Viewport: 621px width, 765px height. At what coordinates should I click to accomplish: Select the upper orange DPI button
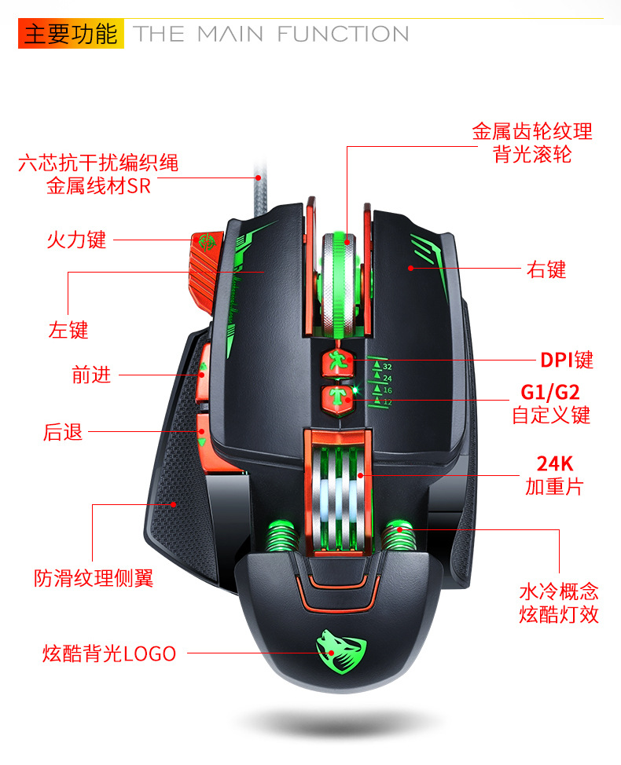[338, 364]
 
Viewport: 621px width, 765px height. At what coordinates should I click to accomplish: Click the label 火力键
[75, 240]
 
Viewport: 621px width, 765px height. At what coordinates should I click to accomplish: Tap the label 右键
[546, 270]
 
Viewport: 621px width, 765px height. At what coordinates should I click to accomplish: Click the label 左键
[68, 330]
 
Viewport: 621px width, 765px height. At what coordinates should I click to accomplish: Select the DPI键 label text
[567, 361]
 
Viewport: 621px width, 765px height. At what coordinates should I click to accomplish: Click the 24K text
[554, 463]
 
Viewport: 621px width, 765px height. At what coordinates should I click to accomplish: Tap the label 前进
[91, 375]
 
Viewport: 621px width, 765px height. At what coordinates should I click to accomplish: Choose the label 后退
[63, 432]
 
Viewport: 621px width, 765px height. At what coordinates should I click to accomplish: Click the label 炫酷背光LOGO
[109, 653]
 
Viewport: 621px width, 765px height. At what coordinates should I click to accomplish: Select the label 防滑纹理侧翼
[94, 579]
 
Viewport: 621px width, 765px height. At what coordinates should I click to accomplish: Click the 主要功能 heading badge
[71, 35]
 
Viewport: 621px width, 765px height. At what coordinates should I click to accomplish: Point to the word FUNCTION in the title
[343, 35]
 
